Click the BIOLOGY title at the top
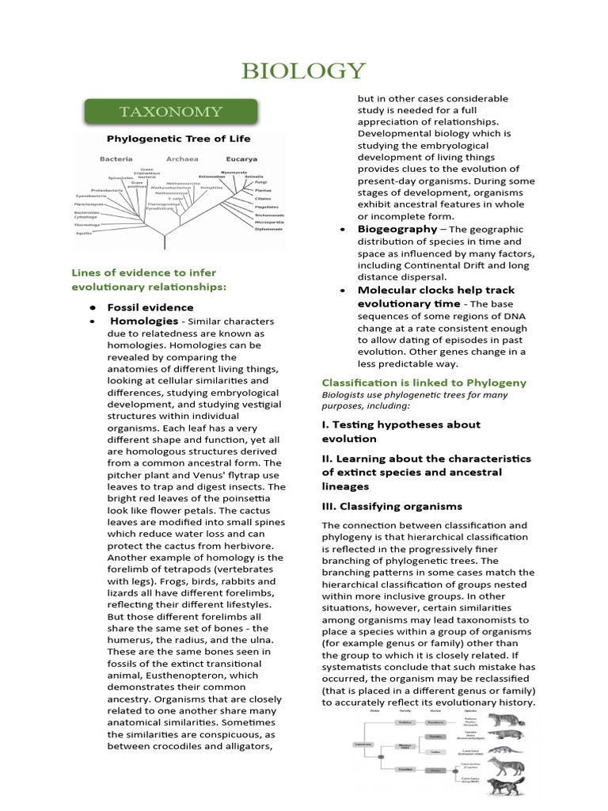tap(304, 71)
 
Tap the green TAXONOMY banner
tap(171, 111)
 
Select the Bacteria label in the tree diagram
tap(116, 158)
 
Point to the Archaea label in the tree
tap(181, 158)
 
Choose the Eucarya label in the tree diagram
tap(241, 158)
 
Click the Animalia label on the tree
tap(253, 177)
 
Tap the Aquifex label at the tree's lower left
tap(84, 234)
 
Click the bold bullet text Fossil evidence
tap(150, 307)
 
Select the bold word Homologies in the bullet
tap(144, 322)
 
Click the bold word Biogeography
tap(397, 229)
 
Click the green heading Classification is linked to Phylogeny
tap(424, 383)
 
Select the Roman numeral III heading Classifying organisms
tap(392, 506)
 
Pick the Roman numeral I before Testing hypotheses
tap(325, 425)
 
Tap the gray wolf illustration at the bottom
tap(506, 788)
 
